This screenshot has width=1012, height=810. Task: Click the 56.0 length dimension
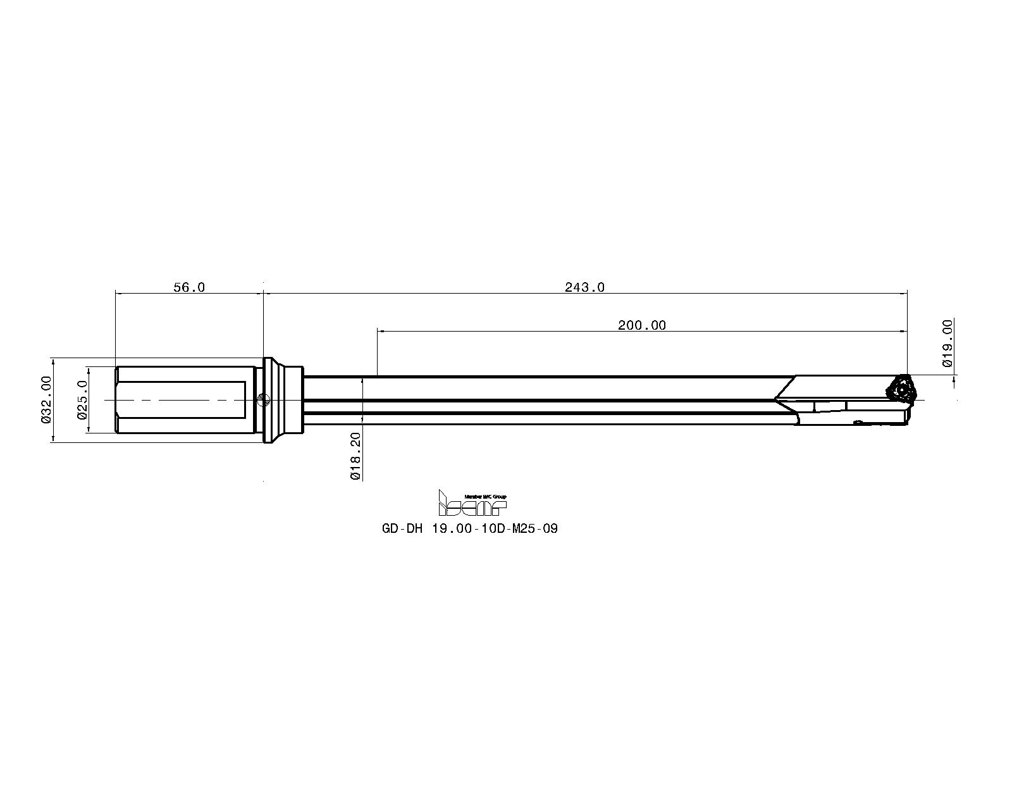(x=189, y=287)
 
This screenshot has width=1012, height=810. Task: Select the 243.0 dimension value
(x=584, y=287)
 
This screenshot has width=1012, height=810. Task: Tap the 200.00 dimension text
(x=641, y=325)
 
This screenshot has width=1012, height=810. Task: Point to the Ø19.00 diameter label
(x=947, y=343)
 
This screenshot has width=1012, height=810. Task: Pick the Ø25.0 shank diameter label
(x=81, y=399)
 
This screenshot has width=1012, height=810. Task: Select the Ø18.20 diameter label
(x=355, y=456)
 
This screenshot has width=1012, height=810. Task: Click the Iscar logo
(x=472, y=504)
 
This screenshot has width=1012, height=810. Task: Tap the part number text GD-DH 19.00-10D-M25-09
(x=469, y=528)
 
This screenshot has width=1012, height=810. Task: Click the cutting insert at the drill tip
(x=901, y=389)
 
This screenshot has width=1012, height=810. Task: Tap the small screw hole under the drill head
(x=858, y=421)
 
